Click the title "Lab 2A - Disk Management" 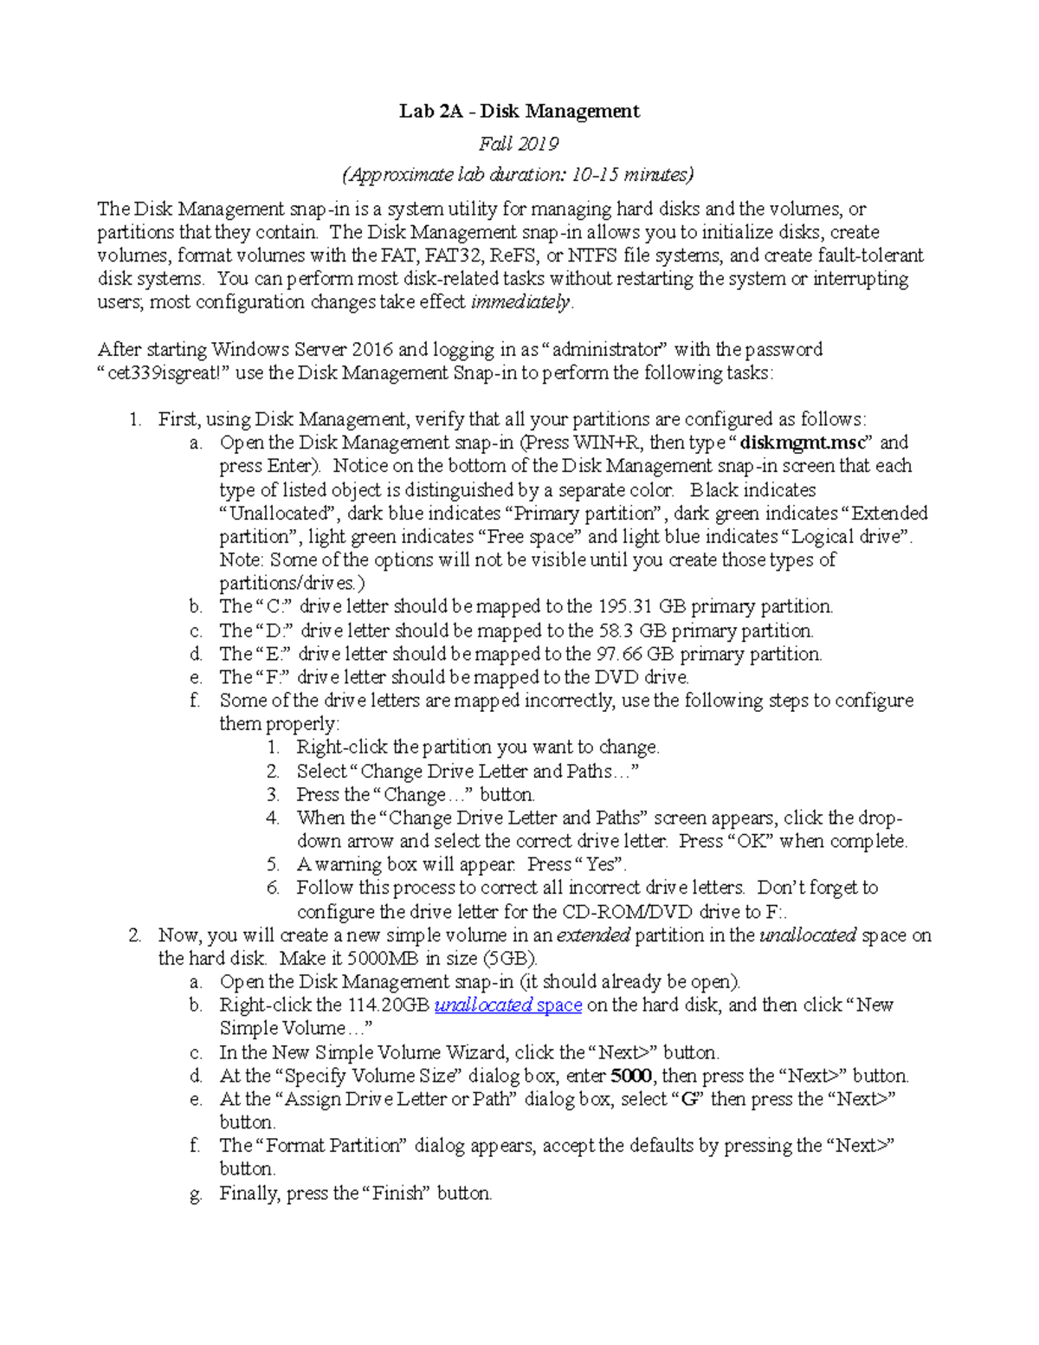click(x=519, y=111)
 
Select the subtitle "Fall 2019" click(x=519, y=143)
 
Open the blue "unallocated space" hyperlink click(x=508, y=1006)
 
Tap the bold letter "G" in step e click(x=689, y=1100)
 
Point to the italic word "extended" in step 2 click(x=592, y=935)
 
